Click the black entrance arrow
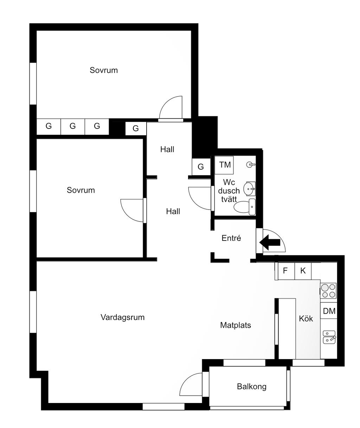click(x=270, y=243)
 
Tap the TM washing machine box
click(x=224, y=165)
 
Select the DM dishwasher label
click(x=329, y=311)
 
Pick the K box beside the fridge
click(x=303, y=271)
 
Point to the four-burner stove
click(x=328, y=291)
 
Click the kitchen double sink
click(x=329, y=337)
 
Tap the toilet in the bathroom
click(x=245, y=207)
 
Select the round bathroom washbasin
click(x=249, y=188)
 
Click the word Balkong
click(x=252, y=387)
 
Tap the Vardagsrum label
click(x=123, y=317)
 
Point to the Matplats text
click(x=236, y=325)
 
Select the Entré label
click(x=231, y=238)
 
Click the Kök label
click(x=306, y=319)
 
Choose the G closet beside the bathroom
click(x=201, y=167)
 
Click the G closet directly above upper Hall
click(x=136, y=128)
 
